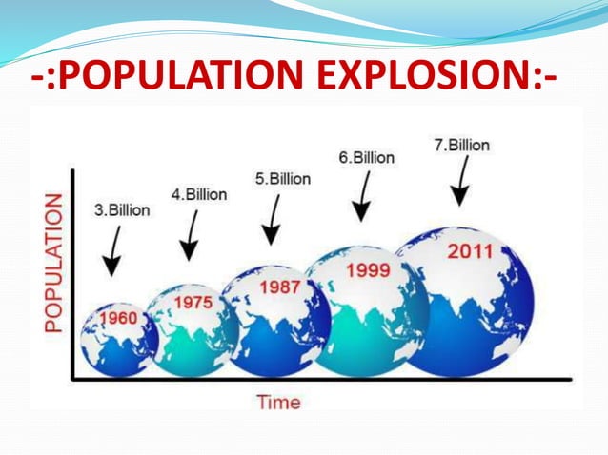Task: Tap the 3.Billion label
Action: pos(122,210)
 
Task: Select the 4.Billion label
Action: pos(198,194)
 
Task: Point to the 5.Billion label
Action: pos(282,178)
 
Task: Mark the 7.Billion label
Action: pos(461,146)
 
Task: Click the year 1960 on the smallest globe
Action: pos(118,318)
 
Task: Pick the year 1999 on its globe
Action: pos(367,269)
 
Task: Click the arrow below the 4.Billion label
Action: pos(191,234)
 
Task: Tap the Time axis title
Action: pos(278,402)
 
